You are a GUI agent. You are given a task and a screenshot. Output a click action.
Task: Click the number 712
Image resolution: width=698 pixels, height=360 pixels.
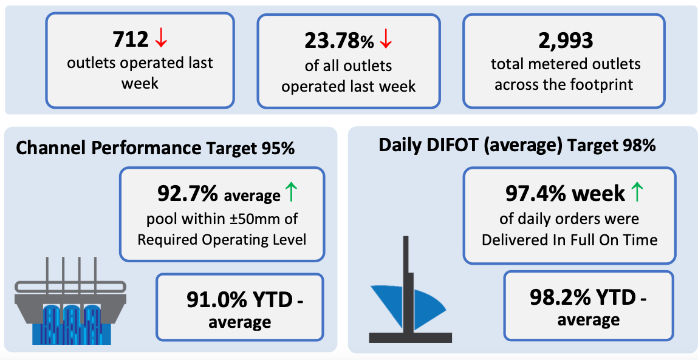tap(131, 39)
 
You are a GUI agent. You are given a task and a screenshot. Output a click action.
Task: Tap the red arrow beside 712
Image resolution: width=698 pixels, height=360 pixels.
tap(161, 39)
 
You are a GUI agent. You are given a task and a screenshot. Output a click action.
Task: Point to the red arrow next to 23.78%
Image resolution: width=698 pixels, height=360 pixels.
tap(386, 40)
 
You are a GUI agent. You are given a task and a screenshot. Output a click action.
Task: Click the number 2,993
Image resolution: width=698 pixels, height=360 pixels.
tap(566, 41)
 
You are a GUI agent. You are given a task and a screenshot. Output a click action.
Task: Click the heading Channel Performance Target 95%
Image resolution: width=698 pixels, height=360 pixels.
tap(156, 148)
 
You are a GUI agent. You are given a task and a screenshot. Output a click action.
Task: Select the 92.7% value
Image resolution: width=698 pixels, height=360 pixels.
tap(188, 194)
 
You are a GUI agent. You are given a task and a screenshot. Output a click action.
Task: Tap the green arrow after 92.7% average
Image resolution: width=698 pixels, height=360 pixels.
tap(291, 192)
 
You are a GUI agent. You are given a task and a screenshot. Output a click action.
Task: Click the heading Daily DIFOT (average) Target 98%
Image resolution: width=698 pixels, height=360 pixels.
tap(517, 146)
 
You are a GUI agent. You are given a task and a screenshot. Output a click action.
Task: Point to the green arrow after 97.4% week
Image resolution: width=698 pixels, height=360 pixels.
tap(637, 192)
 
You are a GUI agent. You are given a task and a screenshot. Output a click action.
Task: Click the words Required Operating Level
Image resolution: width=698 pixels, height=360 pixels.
tap(222, 240)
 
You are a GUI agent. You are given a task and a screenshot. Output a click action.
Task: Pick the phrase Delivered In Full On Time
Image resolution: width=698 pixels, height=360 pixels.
tap(569, 240)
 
